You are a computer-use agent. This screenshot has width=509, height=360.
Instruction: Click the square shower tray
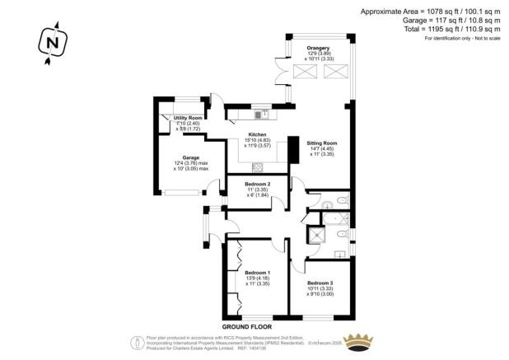(x=315, y=237)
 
